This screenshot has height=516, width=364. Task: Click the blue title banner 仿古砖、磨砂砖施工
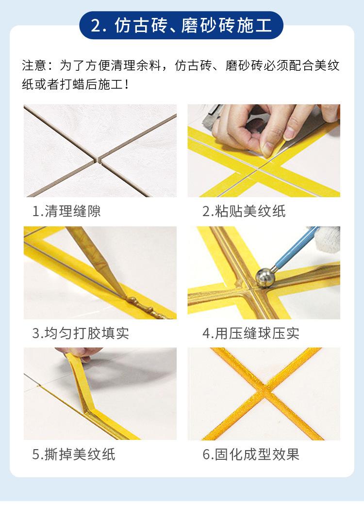tap(182, 25)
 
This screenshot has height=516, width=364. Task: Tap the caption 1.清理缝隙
tap(66, 211)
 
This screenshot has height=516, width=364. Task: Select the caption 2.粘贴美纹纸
tap(244, 211)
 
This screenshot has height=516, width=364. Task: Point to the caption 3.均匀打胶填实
tap(81, 333)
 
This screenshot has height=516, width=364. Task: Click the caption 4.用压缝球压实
tap(251, 333)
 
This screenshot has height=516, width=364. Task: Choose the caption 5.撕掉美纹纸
tap(74, 454)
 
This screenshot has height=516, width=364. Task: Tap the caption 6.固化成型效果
tap(251, 454)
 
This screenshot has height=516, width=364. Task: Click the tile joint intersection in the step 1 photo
tap(98, 158)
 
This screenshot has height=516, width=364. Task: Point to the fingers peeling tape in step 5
tap(80, 353)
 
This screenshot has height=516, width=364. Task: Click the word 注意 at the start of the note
tap(34, 65)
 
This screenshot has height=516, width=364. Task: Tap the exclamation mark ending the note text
tap(127, 85)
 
